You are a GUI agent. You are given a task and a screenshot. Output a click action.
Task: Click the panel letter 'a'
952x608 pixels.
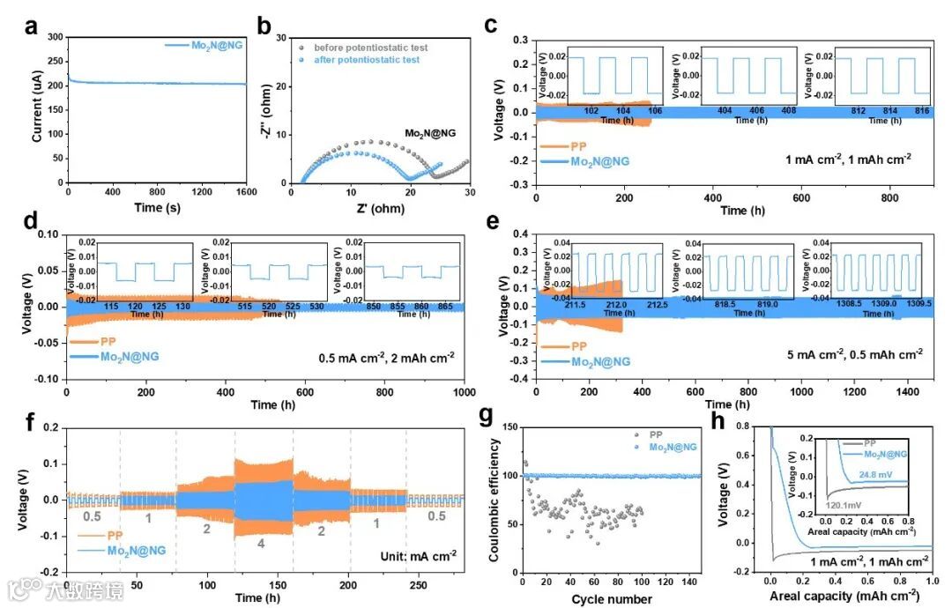pos(32,27)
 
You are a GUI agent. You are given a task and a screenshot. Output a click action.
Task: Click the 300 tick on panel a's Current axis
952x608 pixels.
pos(54,37)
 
